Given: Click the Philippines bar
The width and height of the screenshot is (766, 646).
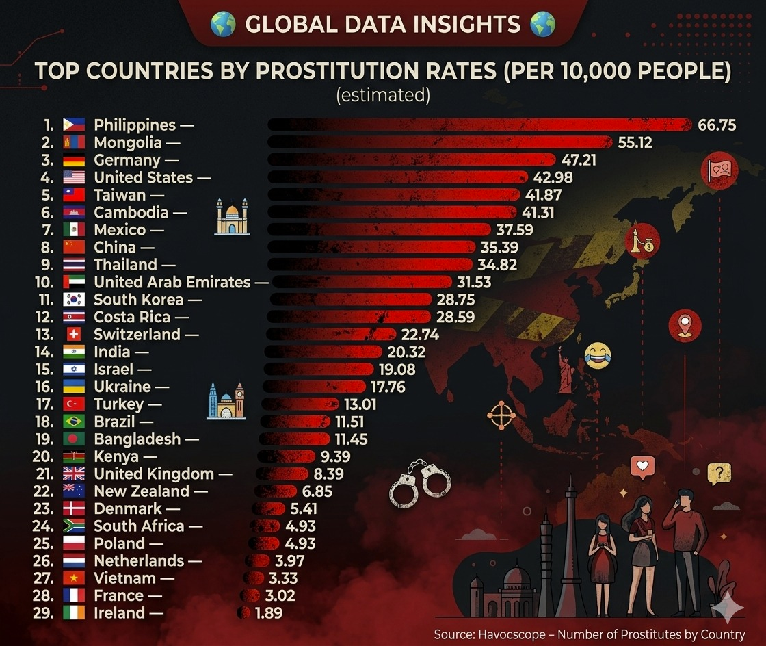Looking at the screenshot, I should [479, 125].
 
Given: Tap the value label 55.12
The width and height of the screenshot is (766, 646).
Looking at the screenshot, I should [635, 142].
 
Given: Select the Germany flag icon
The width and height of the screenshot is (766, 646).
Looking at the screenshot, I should [74, 160].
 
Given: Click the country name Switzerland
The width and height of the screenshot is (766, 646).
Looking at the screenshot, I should [137, 335].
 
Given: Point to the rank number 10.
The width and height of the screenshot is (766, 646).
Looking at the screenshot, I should [44, 282].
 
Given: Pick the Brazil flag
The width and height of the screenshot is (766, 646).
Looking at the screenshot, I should [74, 422].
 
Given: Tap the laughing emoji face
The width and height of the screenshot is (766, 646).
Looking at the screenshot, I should [598, 357].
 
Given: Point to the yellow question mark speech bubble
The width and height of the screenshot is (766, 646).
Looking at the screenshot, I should [718, 473].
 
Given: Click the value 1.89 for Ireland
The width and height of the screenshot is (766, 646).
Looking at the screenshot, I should [268, 613].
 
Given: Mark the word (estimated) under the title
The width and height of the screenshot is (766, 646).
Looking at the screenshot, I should [383, 95].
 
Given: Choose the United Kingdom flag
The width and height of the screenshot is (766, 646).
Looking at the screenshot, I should [74, 474].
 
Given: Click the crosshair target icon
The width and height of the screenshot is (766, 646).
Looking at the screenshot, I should [500, 415].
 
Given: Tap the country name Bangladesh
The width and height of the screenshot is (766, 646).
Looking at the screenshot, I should [137, 439].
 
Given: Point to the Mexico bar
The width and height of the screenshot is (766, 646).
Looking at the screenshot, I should [380, 229].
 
